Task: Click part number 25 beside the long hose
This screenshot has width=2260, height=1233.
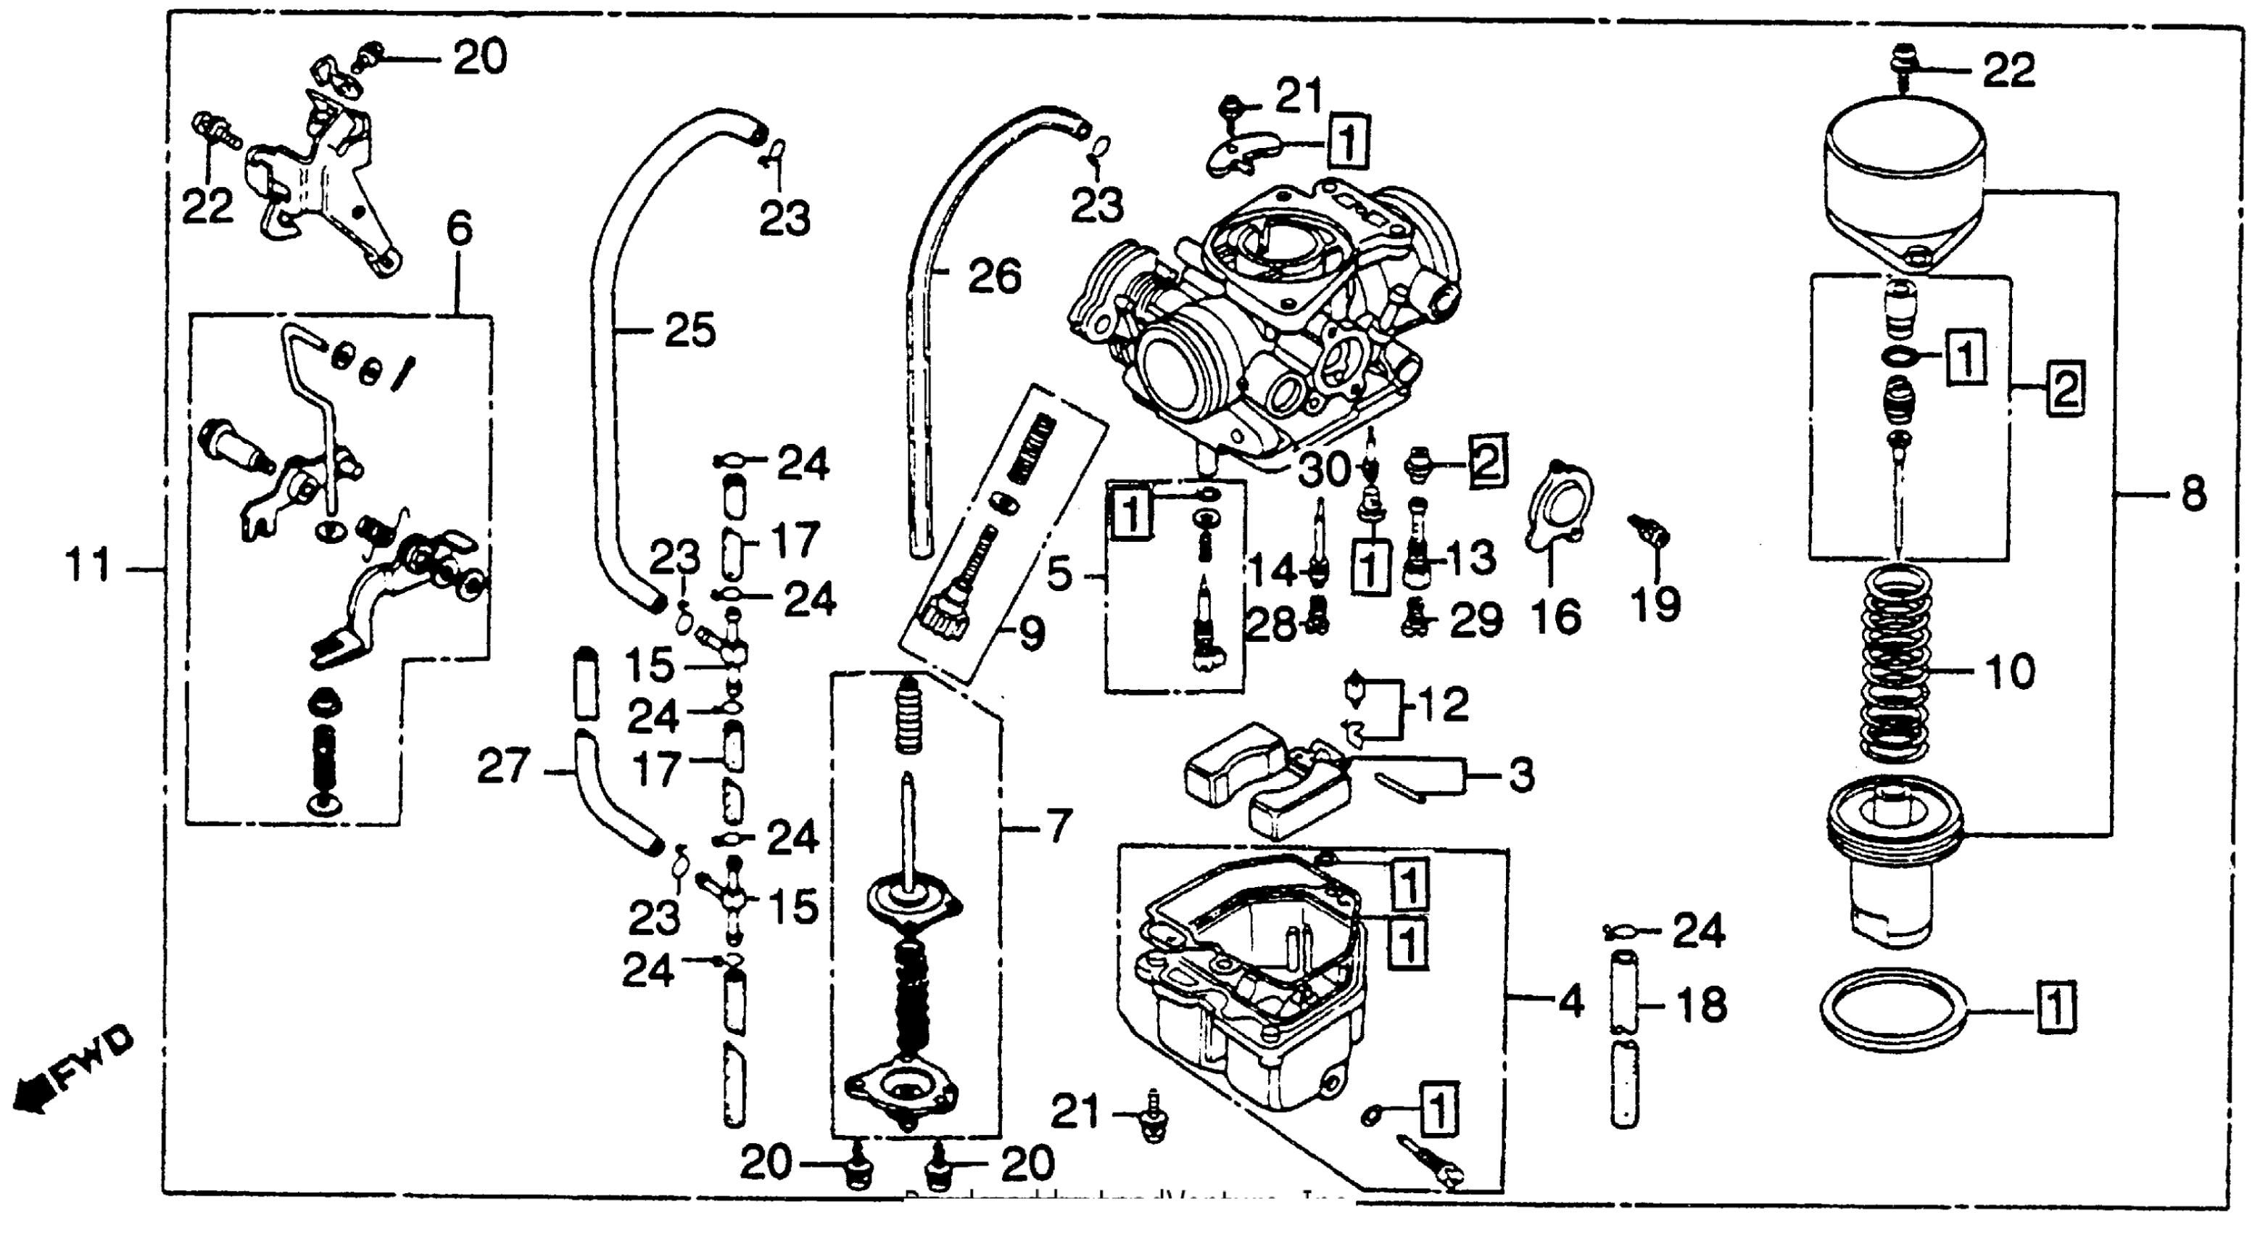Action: click(690, 331)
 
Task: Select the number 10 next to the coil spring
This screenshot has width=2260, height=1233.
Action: click(2009, 672)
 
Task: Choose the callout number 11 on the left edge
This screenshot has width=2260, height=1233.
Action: click(89, 566)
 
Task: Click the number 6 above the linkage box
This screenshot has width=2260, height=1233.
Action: click(459, 229)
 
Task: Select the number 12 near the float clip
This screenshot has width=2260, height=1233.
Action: click(1443, 705)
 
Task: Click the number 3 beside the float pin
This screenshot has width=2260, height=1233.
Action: click(1521, 776)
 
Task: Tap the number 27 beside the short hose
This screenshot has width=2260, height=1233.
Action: click(504, 766)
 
